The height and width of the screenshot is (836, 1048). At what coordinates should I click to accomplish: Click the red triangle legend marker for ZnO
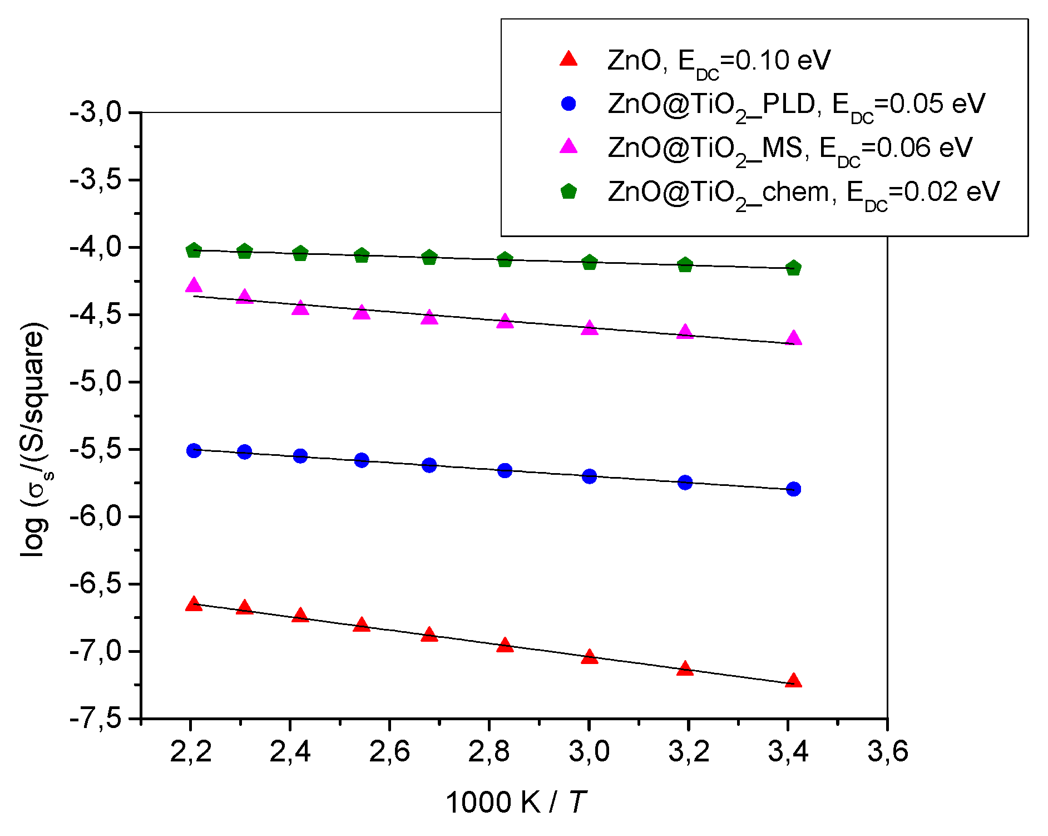click(x=569, y=59)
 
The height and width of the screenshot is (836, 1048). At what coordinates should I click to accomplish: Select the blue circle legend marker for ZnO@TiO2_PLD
click(x=569, y=104)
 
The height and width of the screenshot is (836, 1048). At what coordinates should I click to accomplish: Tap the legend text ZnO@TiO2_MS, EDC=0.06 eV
click(x=790, y=149)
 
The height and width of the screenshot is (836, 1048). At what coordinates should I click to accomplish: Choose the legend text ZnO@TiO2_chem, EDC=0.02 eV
click(x=803, y=193)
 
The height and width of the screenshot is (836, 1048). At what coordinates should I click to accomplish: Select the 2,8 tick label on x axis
click(x=488, y=751)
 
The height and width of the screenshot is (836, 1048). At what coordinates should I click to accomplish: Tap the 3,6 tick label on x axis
click(x=887, y=751)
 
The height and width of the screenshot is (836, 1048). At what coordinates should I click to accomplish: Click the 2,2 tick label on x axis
click(x=190, y=751)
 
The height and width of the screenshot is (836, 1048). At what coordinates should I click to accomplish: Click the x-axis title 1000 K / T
click(x=516, y=803)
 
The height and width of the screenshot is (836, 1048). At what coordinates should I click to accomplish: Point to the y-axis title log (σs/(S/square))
click(x=33, y=440)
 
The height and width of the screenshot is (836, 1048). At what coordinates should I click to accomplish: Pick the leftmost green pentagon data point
click(x=194, y=250)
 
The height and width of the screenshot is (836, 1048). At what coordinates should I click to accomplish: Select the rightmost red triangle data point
click(x=794, y=681)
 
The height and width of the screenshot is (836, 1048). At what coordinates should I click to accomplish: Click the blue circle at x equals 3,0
click(x=590, y=476)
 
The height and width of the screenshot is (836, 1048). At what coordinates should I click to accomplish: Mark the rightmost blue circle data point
click(x=794, y=489)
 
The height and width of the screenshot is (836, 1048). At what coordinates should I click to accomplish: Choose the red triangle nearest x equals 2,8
click(x=505, y=645)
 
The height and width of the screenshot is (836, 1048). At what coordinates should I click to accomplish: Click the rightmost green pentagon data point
click(x=794, y=268)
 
